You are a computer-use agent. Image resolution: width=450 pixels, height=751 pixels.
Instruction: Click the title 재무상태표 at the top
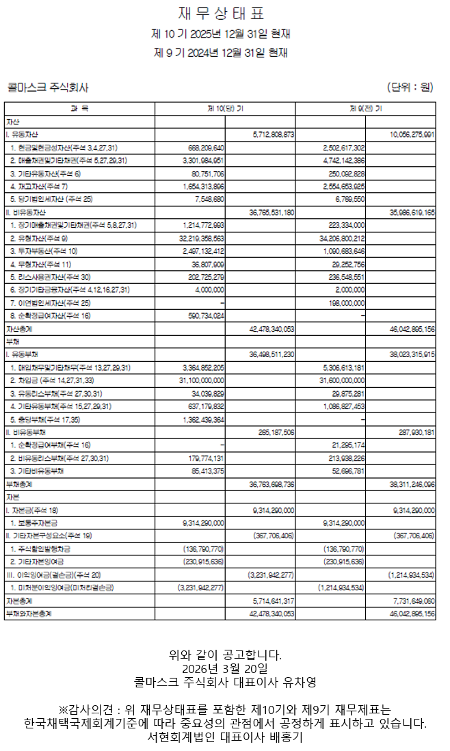click(221, 14)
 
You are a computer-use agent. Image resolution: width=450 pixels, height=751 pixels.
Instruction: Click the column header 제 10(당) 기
click(225, 109)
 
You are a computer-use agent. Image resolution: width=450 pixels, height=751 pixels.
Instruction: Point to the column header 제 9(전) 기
click(366, 109)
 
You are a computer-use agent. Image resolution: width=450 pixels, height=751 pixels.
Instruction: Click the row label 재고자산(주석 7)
click(40, 186)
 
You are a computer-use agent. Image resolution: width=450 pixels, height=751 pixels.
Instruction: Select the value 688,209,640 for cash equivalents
click(204, 148)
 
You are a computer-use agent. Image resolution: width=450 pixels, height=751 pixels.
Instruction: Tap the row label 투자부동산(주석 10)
click(44, 251)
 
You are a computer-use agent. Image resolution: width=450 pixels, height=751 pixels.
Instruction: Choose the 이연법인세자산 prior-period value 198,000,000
click(344, 302)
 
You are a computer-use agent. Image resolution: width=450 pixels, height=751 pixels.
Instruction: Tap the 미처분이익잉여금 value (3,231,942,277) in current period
click(201, 588)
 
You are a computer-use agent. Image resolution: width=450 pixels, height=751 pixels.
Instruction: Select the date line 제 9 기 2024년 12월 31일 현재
click(221, 52)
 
